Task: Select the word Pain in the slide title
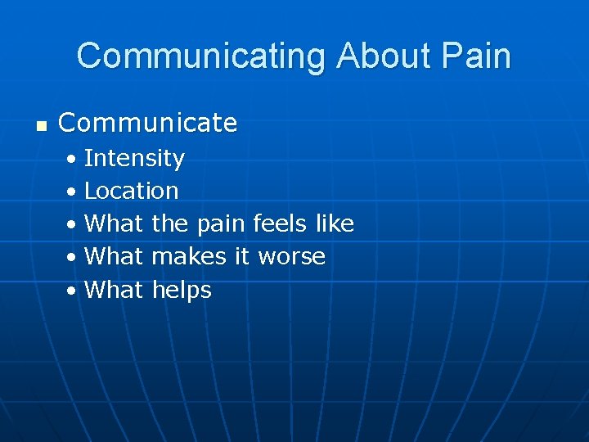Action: (478, 56)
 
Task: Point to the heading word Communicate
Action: (148, 124)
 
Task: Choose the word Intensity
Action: (134, 158)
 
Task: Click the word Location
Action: (131, 191)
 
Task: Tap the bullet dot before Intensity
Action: (73, 159)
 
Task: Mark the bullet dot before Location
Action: (73, 192)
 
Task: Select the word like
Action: (335, 223)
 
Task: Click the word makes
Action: (189, 256)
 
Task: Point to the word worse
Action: (291, 257)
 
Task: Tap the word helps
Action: (182, 290)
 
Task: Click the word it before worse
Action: (241, 256)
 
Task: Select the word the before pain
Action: (170, 223)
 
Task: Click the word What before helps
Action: (114, 289)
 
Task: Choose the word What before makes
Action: (114, 256)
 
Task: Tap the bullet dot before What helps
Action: (73, 291)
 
